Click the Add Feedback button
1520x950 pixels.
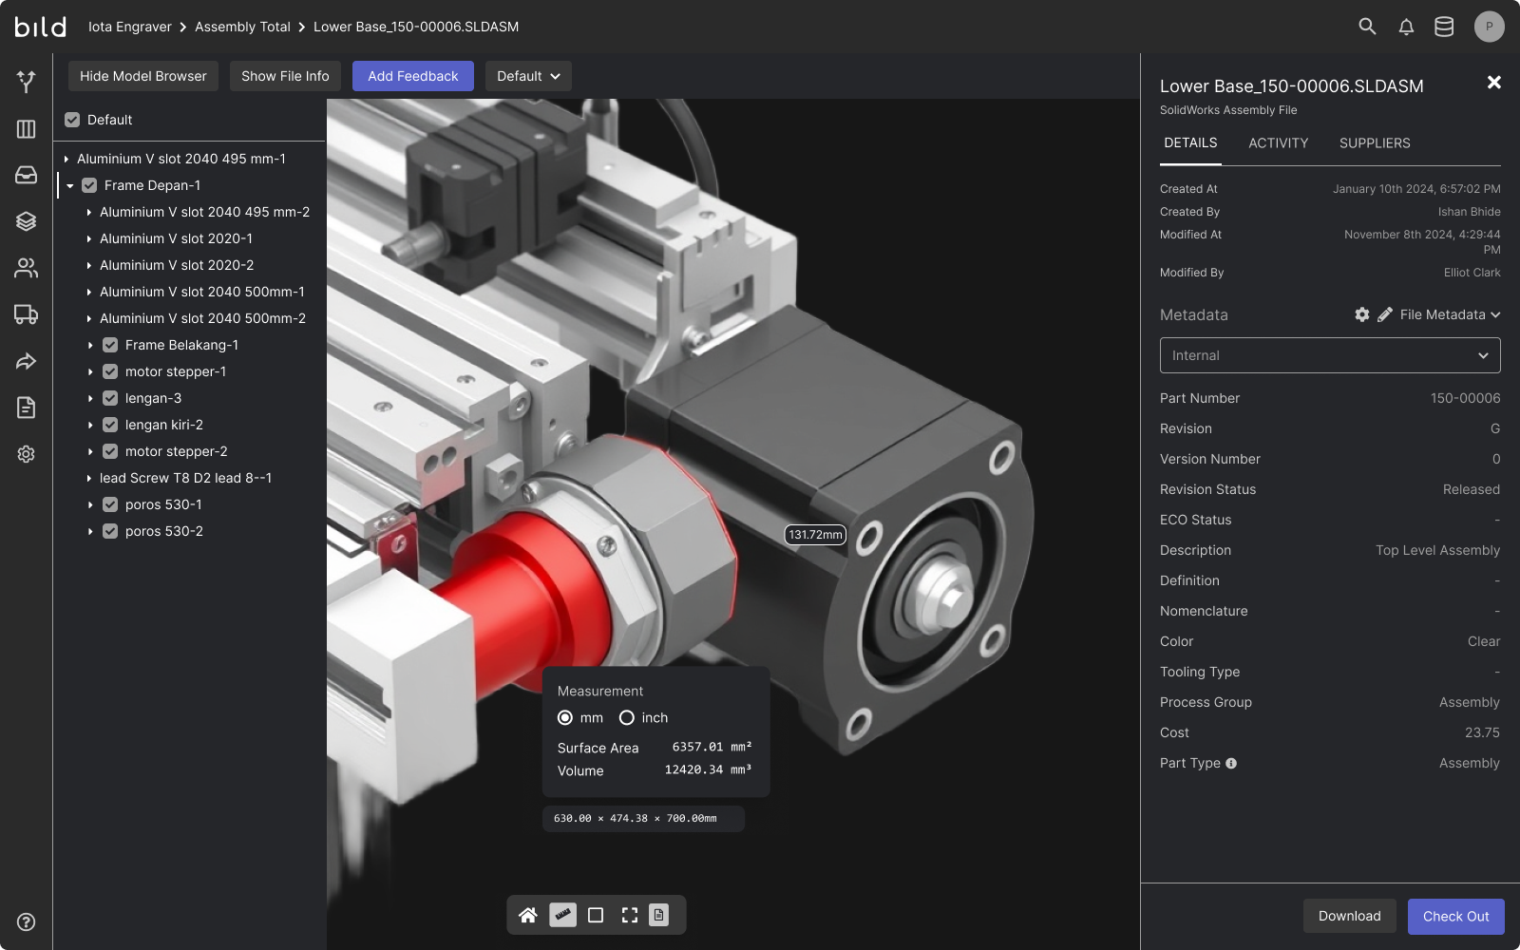412,76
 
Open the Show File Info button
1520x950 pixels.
285,76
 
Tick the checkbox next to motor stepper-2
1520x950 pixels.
110,451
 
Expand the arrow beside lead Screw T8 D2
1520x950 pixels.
89,478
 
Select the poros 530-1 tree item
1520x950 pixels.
163,504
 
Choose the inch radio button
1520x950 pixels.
627,717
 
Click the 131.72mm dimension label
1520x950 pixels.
814,534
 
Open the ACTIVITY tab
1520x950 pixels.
1278,142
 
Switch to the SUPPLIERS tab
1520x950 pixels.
1374,142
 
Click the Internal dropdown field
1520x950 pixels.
1329,355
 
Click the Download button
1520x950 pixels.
1349,916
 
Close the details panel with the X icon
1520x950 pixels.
1493,83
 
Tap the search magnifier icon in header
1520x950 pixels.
1367,27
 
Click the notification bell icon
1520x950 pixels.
1406,27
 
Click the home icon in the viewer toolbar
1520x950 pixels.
528,915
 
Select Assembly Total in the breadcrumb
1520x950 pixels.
242,27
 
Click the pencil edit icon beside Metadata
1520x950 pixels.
1385,314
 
